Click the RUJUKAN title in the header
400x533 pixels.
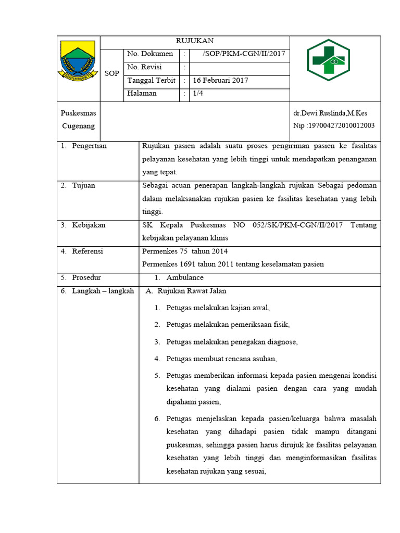(194, 42)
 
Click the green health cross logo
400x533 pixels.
(329, 60)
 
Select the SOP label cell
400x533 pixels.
(111, 73)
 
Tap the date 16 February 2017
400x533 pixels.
(221, 81)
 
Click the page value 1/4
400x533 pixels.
(198, 94)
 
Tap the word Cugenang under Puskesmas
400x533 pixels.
(78, 125)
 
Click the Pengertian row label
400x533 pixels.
(89, 146)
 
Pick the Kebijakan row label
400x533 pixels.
(89, 225)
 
